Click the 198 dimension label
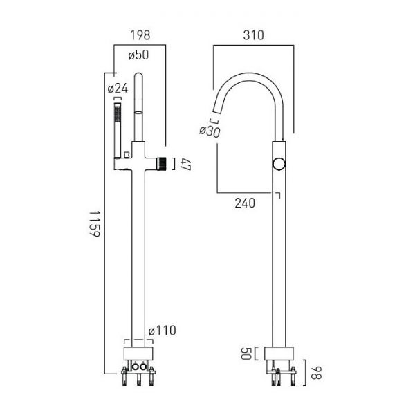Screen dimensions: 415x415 140,35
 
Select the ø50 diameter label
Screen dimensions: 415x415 138,55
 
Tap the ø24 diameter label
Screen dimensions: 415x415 118,88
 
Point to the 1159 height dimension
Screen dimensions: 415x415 94,223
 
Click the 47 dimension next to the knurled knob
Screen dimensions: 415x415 185,164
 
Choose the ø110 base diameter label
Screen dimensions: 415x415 162,331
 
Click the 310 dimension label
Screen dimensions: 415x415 254,35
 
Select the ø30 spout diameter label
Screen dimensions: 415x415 210,131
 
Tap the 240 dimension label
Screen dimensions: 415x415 245,203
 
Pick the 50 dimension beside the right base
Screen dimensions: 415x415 246,353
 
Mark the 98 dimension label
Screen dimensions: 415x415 316,373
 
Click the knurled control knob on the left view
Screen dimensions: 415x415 162,164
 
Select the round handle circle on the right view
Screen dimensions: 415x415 279,164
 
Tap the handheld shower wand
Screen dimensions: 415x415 118,131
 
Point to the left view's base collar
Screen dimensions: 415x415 138,353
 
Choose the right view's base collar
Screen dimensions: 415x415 279,353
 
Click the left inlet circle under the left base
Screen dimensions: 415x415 135,367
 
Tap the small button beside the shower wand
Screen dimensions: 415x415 127,154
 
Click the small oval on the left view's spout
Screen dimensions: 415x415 138,113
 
